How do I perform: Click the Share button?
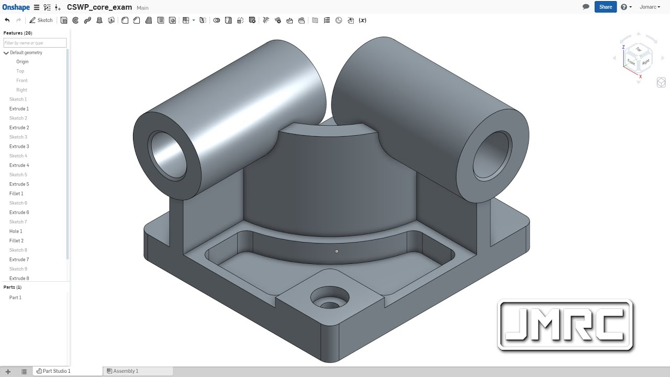coord(606,7)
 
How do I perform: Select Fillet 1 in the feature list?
coord(16,194)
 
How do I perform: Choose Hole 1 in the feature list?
coord(16,231)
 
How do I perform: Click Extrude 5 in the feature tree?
coord(19,184)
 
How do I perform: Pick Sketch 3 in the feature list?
coord(18,137)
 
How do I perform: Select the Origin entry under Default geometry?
coord(22,62)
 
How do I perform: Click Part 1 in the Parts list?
coord(15,297)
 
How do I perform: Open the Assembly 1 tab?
coord(126,371)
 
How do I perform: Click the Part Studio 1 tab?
coord(56,371)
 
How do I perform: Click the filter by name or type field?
coord(35,43)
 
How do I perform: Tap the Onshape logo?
coord(15,7)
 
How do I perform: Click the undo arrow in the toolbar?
coord(7,20)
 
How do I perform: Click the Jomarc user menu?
coord(650,7)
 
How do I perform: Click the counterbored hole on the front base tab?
coord(330,298)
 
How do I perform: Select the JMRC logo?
coord(565,325)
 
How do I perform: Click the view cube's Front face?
coord(631,62)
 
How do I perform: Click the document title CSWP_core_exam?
coord(99,7)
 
